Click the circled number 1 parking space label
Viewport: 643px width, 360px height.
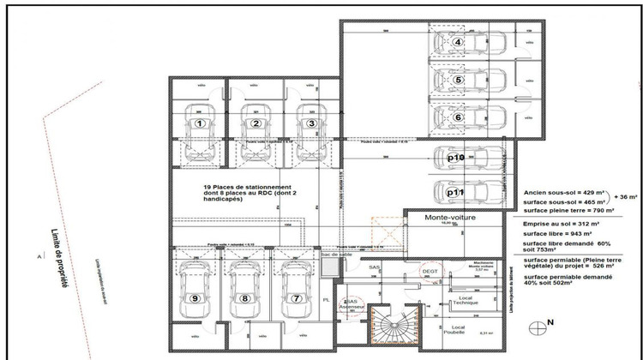click(x=200, y=123)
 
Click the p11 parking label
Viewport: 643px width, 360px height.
click(x=456, y=193)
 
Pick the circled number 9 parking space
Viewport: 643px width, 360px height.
click(x=196, y=298)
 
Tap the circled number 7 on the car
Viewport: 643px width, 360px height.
click(x=297, y=298)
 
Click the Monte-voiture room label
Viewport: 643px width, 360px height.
click(x=450, y=219)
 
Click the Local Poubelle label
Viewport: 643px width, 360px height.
click(x=459, y=332)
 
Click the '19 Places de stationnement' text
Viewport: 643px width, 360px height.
click(x=249, y=187)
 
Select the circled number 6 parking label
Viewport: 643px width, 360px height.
click(x=459, y=117)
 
